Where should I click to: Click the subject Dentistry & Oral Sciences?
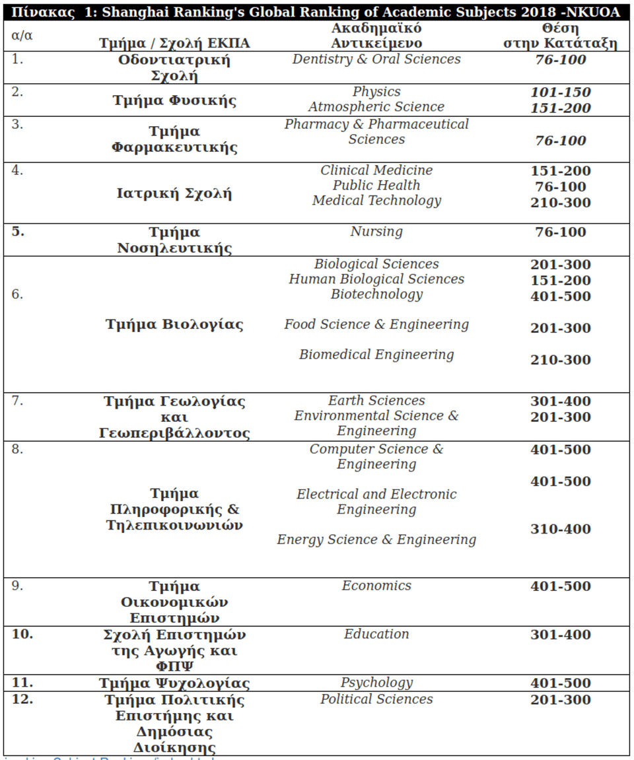376,59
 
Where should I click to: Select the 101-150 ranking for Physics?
560,92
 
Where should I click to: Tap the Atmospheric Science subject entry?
376,107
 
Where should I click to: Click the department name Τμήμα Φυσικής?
174,101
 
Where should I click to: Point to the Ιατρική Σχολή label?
174,194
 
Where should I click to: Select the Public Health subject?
376,186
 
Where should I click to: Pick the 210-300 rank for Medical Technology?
560,203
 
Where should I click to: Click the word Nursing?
376,232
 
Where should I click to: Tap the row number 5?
18,232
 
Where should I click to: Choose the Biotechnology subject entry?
376,294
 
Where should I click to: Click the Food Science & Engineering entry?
376,325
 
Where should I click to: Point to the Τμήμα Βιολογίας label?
174,325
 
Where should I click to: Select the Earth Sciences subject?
376,401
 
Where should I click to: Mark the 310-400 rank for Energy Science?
560,530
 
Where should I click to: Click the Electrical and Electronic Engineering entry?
376,502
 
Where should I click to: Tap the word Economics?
376,586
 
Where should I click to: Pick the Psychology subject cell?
376,683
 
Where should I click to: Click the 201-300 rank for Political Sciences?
560,700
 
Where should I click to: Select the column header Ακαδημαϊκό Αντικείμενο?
376,36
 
